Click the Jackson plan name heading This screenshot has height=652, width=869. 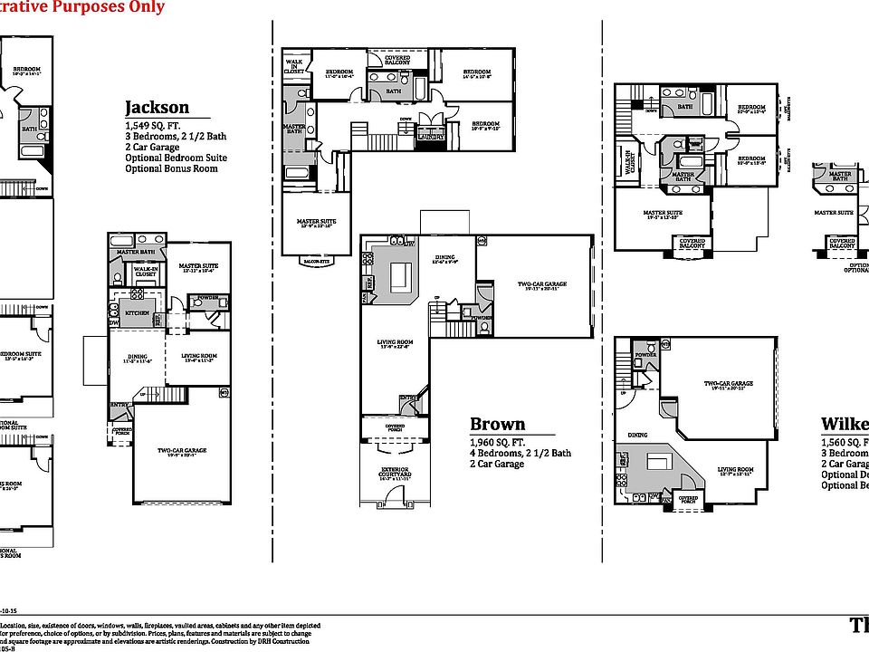click(157, 108)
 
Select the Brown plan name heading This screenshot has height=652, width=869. click(497, 425)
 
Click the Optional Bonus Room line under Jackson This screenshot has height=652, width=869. click(171, 168)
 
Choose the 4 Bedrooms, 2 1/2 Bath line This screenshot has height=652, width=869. click(520, 453)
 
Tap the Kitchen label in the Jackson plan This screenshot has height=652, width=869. click(137, 312)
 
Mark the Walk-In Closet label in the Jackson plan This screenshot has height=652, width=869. click(146, 269)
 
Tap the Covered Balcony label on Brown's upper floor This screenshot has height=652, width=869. click(396, 59)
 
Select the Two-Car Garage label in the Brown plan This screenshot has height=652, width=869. click(543, 283)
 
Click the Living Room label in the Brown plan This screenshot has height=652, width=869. click(394, 341)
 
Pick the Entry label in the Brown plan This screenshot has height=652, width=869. click(408, 397)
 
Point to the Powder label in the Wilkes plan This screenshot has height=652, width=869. click(645, 355)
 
